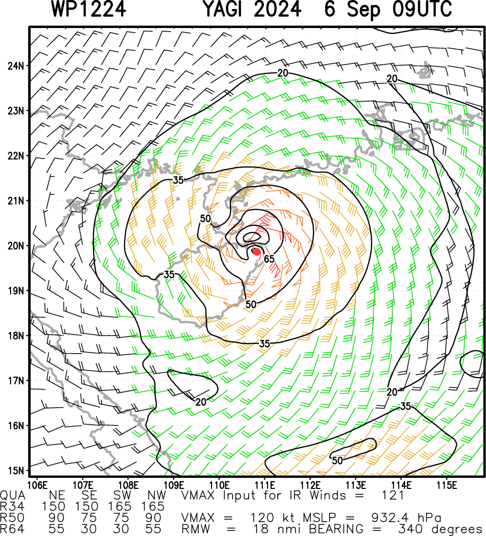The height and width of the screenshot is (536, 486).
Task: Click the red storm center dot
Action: pyautogui.click(x=256, y=252)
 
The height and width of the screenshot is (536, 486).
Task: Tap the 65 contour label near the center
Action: pyautogui.click(x=269, y=259)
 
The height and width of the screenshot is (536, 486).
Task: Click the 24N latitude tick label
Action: pyautogui.click(x=16, y=66)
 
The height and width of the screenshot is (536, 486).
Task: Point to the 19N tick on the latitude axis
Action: pyautogui.click(x=16, y=291)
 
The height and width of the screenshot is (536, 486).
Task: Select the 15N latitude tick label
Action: pyautogui.click(x=16, y=470)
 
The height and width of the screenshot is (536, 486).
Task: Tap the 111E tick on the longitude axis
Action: pyautogui.click(x=265, y=485)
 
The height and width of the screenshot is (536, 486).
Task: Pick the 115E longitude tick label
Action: pyautogui.click(x=447, y=485)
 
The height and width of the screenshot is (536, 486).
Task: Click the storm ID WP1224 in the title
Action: pyautogui.click(x=89, y=9)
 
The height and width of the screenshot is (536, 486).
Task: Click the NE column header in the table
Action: pyautogui.click(x=57, y=495)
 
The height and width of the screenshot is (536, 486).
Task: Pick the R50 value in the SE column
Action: pyautogui.click(x=89, y=517)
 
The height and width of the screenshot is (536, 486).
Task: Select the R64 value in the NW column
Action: pyautogui.click(x=153, y=529)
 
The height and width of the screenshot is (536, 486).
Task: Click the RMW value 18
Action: pyautogui.click(x=261, y=529)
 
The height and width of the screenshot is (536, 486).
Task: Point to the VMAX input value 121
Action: pyautogui.click(x=393, y=495)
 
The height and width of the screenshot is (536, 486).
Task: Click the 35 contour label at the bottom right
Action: pyautogui.click(x=405, y=406)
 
